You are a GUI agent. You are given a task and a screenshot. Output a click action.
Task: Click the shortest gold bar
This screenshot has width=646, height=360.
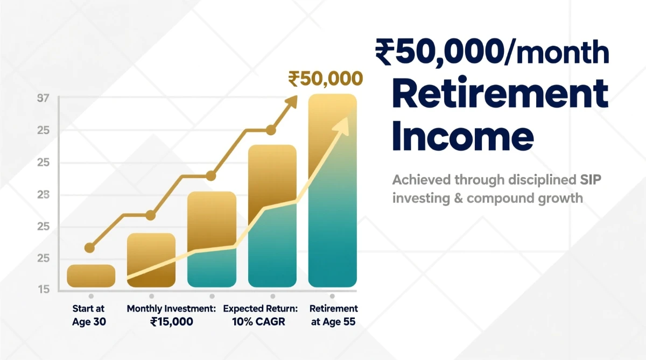[91, 276]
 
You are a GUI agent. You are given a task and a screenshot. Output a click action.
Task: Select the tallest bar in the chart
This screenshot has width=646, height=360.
[332, 190]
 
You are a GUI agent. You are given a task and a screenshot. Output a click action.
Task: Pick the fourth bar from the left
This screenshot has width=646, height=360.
[272, 215]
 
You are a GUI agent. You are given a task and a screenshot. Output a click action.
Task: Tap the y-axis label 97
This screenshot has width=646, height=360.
[43, 98]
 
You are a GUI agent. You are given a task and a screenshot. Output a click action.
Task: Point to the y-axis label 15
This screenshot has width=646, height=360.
[43, 290]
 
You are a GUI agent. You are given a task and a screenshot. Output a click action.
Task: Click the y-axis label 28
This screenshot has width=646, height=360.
[43, 195]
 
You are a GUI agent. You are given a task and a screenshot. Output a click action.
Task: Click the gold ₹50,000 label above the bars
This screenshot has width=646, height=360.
[325, 79]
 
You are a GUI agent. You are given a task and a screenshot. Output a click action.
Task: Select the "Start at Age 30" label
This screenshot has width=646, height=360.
[89, 315]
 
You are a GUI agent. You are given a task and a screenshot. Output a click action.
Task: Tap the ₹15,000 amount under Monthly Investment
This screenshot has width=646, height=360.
[171, 322]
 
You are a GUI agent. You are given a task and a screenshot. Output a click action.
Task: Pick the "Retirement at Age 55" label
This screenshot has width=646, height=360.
[333, 315]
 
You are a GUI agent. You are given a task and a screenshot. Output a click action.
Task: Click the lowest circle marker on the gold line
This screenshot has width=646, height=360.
[89, 248]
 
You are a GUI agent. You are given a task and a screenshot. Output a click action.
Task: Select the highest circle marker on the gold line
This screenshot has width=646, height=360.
[271, 130]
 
